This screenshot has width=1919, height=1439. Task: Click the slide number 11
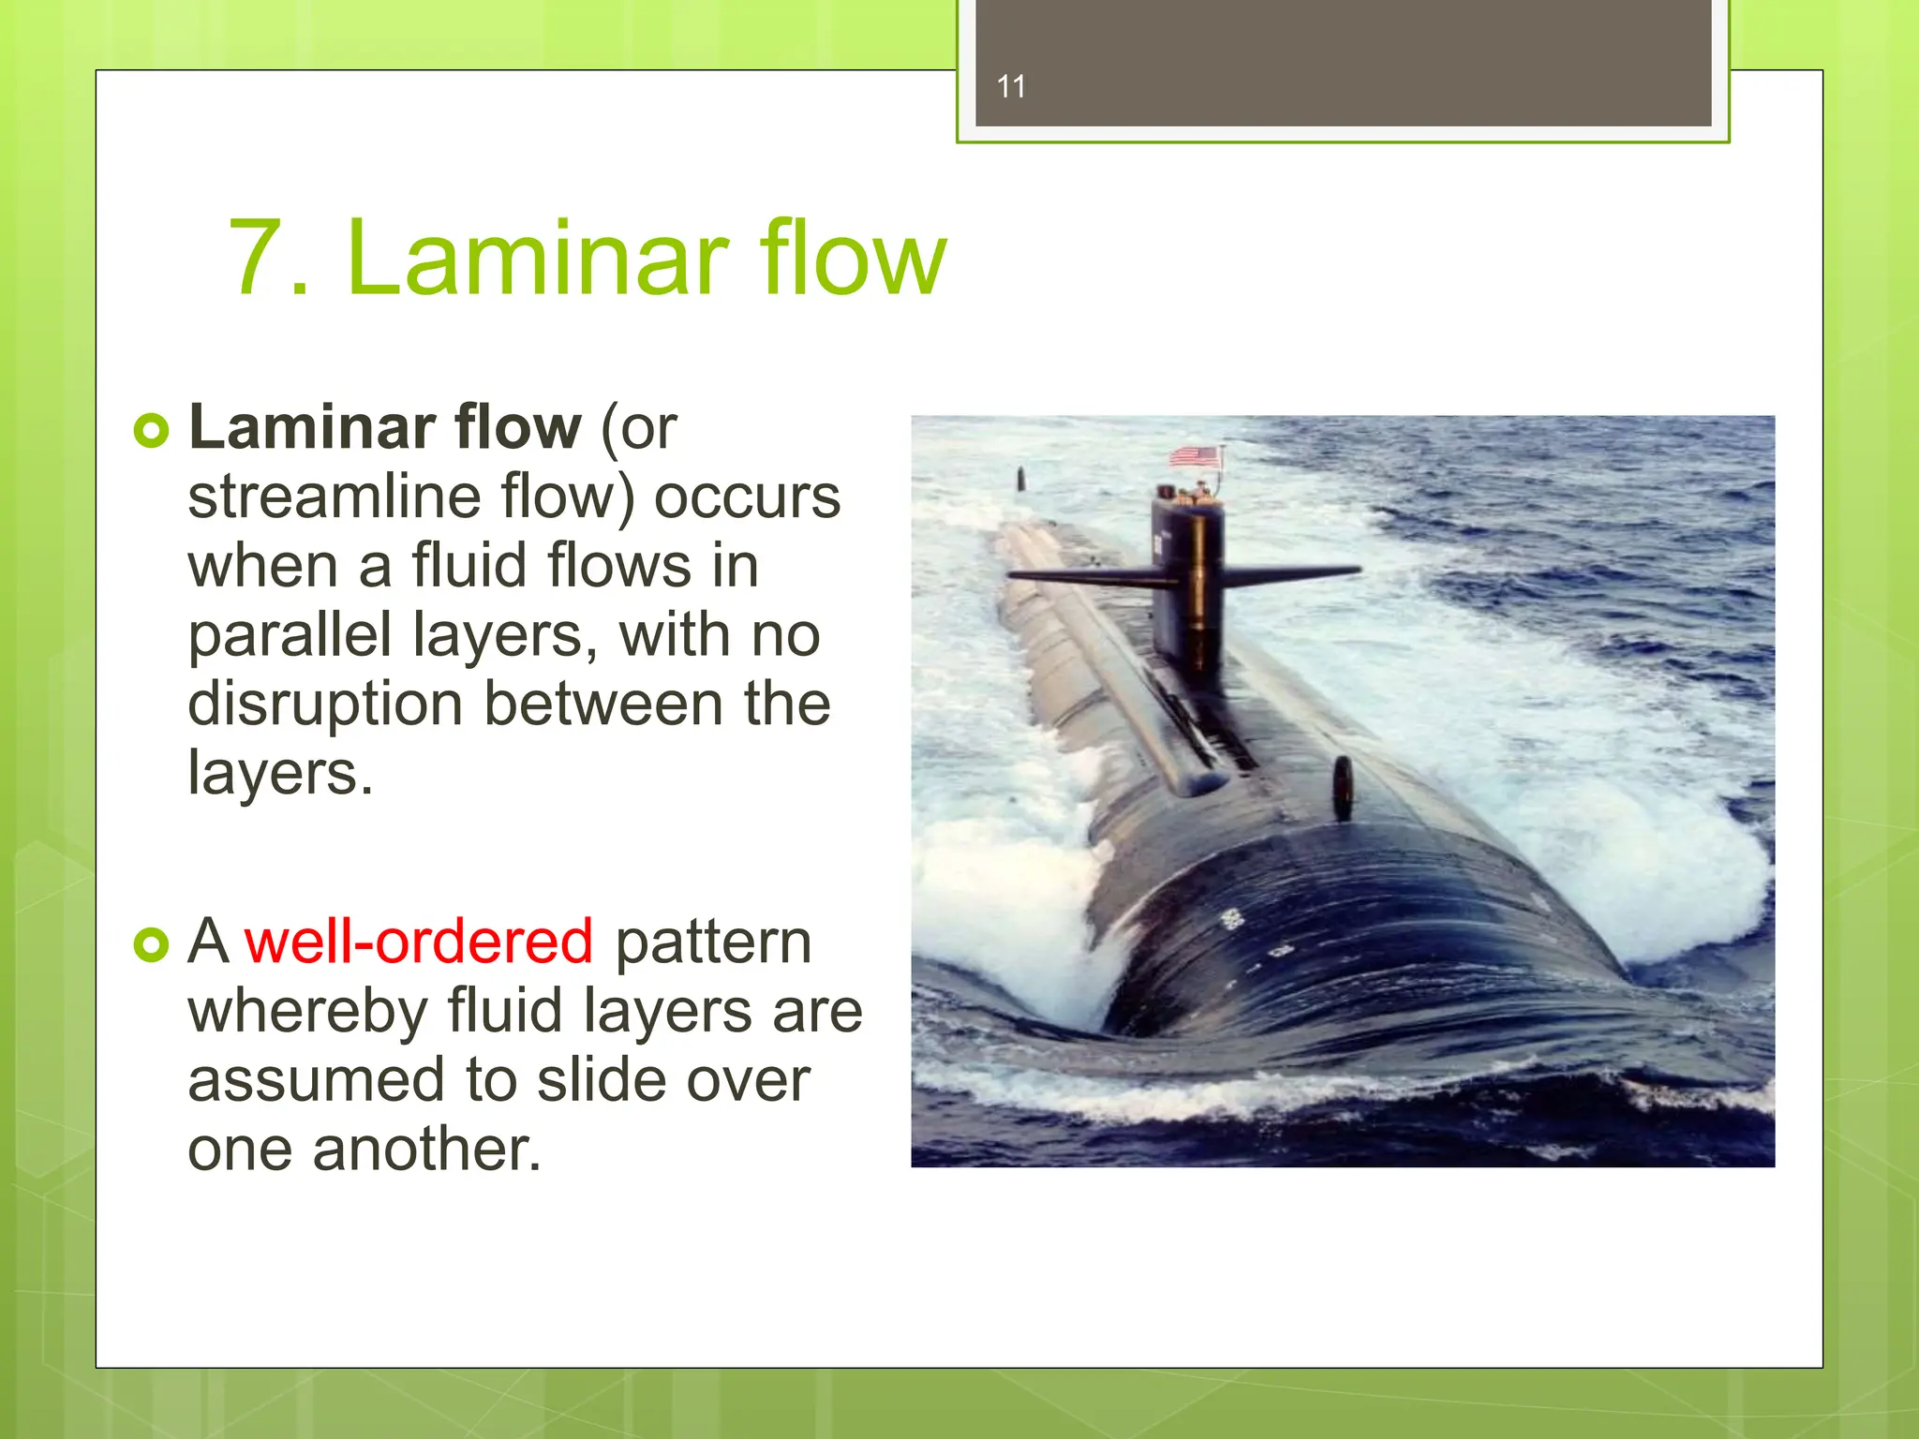click(x=1011, y=87)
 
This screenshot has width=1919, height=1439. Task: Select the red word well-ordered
click(x=419, y=942)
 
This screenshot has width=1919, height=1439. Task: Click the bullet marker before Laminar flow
click(x=151, y=431)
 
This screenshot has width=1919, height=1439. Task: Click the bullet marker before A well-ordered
click(x=151, y=944)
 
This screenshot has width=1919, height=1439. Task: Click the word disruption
click(x=325, y=705)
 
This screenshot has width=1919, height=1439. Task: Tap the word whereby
click(x=307, y=1012)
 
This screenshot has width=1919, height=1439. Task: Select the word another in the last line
click(x=426, y=1150)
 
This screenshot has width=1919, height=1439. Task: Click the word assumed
click(x=316, y=1080)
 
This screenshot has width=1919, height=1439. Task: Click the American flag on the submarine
click(x=1196, y=457)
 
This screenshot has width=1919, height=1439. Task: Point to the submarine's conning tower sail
click(x=1188, y=590)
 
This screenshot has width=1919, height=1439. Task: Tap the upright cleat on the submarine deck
click(x=1343, y=787)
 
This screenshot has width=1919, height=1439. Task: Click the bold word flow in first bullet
click(x=518, y=427)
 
